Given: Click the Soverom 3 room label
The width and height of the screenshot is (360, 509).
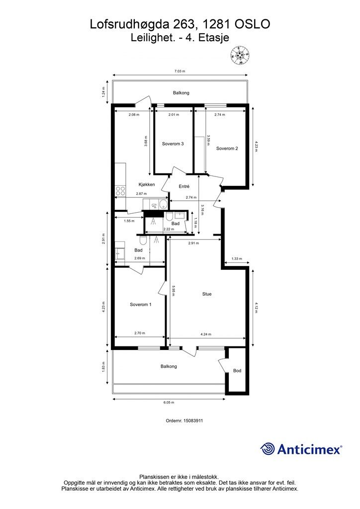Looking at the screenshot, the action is (x=173, y=144).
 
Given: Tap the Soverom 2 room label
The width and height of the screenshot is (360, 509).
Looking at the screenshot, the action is (x=227, y=148).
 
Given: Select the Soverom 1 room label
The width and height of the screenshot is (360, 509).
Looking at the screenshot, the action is (x=141, y=305).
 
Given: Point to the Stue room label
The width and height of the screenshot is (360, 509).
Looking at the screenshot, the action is (x=207, y=294).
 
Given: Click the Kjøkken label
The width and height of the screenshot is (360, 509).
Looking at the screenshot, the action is (x=147, y=184).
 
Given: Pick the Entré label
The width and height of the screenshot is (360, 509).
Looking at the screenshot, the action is (x=184, y=186).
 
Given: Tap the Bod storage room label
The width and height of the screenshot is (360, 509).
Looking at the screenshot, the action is (x=237, y=370).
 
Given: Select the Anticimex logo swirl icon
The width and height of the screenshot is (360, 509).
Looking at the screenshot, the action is (x=267, y=449).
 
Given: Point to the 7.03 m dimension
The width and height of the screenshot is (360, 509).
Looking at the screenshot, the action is (x=180, y=71).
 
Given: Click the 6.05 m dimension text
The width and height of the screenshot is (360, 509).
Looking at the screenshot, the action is (x=169, y=403).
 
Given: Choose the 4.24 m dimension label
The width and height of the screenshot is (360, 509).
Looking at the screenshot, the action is (x=206, y=334).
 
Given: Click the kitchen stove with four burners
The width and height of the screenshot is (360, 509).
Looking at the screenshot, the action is (x=120, y=191).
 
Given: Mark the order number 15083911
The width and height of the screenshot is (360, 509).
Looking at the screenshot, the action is (x=193, y=421).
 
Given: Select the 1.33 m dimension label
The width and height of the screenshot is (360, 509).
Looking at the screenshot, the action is (x=237, y=258).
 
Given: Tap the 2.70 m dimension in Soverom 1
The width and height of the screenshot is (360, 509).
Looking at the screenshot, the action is (x=140, y=333).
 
